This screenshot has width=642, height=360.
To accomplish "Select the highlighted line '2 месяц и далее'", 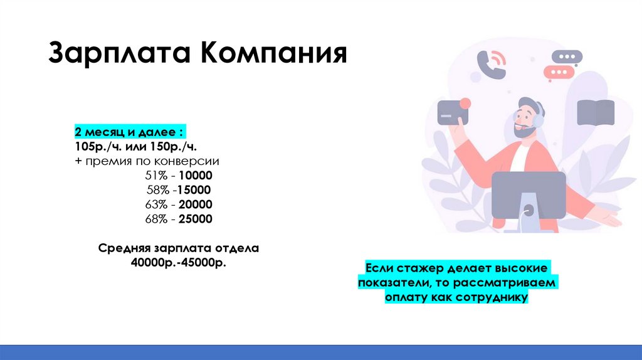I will pyautogui.click(x=130, y=133).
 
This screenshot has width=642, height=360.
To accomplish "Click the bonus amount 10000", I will pyautogui.click(x=196, y=176).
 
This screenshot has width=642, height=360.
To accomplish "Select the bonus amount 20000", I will pyautogui.click(x=196, y=204).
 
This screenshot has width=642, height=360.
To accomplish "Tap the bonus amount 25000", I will pyautogui.click(x=196, y=219).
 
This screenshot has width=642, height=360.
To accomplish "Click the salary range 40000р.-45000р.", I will pyautogui.click(x=178, y=263).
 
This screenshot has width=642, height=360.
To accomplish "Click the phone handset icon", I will pyautogui.click(x=490, y=65).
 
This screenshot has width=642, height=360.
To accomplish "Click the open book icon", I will pyautogui.click(x=595, y=112).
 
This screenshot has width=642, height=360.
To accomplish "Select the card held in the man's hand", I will pyautogui.click(x=453, y=113).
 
